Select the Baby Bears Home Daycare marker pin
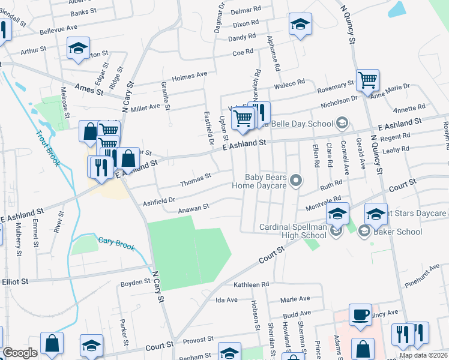coord(295,180)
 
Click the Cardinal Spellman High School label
coord(293,232)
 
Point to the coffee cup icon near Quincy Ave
coord(360,316)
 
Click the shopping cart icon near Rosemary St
coord(367,79)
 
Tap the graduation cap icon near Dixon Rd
coord(300,25)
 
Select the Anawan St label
coord(193,208)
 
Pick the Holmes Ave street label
coord(189,76)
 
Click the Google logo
coord(20,352)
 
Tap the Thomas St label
coord(196,177)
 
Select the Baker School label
coord(398,232)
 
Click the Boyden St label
coord(135,282)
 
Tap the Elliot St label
coord(15,281)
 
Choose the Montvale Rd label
coord(324,205)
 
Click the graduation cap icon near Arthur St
coord(78,49)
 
